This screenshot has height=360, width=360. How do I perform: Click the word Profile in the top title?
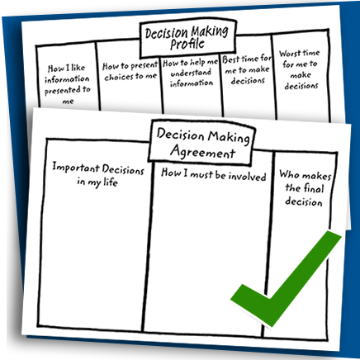pyautogui.click(x=187, y=44)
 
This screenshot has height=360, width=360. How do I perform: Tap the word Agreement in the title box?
pyautogui.click(x=203, y=152)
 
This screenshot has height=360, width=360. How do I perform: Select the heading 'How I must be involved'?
pyautogui.click(x=214, y=175)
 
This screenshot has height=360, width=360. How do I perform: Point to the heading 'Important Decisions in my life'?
pyautogui.click(x=98, y=174)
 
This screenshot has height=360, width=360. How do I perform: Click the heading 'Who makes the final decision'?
pyautogui.click(x=305, y=188)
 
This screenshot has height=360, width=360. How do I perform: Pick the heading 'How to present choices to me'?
pyautogui.click(x=130, y=71)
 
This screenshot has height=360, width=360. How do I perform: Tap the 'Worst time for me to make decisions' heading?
pyautogui.click(x=300, y=69)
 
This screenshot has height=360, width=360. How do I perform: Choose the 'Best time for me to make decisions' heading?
pyautogui.click(x=247, y=70)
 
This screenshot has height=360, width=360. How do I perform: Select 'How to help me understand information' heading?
pyautogui.click(x=191, y=73)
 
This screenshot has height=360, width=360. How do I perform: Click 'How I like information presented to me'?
pyautogui.click(x=67, y=84)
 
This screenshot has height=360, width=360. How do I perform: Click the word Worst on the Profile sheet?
pyautogui.click(x=288, y=53)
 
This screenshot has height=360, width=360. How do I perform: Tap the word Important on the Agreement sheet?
pyautogui.click(x=76, y=168)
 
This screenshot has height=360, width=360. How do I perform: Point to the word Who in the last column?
pyautogui.click(x=289, y=174)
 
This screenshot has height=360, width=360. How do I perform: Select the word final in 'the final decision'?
pyautogui.click(x=312, y=188)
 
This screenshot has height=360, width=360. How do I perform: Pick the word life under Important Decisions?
pyautogui.click(x=111, y=182)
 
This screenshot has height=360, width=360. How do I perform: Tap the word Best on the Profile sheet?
pyautogui.click(x=230, y=59)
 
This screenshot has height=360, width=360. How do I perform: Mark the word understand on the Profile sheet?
pyautogui.click(x=191, y=73)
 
